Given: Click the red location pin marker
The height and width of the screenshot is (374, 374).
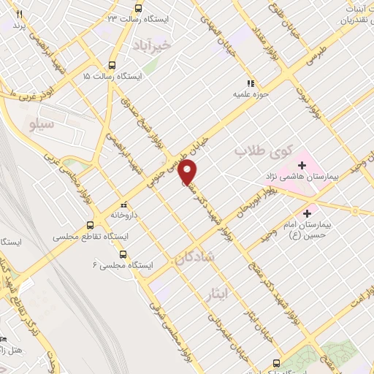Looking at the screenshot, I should [188, 172].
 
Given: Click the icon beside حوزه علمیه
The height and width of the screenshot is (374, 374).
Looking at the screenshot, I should [252, 83].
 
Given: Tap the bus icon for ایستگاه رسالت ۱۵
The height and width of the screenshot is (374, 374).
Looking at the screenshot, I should [112, 64].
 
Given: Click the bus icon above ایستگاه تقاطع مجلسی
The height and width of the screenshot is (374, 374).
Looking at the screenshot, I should [90, 225].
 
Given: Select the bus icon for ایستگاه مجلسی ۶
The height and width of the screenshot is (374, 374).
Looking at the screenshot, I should [122, 254].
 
